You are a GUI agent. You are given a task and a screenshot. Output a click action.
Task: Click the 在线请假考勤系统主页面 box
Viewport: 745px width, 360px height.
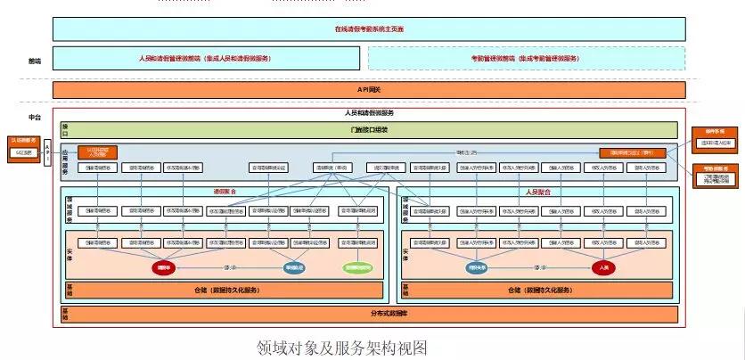pyautogui.click(x=369, y=29)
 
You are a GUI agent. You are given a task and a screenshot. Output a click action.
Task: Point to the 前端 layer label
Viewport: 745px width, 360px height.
pyautogui.click(x=35, y=61)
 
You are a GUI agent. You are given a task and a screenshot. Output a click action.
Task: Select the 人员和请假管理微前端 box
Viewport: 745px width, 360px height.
pyautogui.click(x=206, y=58)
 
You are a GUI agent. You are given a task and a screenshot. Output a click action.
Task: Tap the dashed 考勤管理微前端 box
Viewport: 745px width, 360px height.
pyautogui.click(x=526, y=58)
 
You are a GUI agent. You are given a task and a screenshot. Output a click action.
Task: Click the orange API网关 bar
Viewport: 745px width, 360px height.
pyautogui.click(x=369, y=90)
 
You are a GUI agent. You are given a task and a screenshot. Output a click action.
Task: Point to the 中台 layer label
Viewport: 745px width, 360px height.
pyautogui.click(x=35, y=117)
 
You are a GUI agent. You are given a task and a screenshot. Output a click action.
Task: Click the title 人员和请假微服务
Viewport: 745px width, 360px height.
pyautogui.click(x=369, y=113)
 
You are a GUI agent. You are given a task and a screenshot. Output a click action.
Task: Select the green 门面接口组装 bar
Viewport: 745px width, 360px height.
pyautogui.click(x=369, y=130)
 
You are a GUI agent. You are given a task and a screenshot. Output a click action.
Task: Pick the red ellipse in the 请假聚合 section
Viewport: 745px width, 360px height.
pyautogui.click(x=164, y=266)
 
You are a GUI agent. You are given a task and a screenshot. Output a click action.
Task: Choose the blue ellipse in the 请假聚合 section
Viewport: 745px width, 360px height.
pyautogui.click(x=295, y=266)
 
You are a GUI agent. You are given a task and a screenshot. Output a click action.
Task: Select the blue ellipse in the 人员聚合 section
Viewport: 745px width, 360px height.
pyautogui.click(x=479, y=266)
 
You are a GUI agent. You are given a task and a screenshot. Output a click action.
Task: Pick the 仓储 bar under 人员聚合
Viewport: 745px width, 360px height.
pyautogui.click(x=538, y=290)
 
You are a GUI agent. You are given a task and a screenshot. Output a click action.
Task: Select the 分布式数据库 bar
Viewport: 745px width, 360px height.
pyautogui.click(x=369, y=314)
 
